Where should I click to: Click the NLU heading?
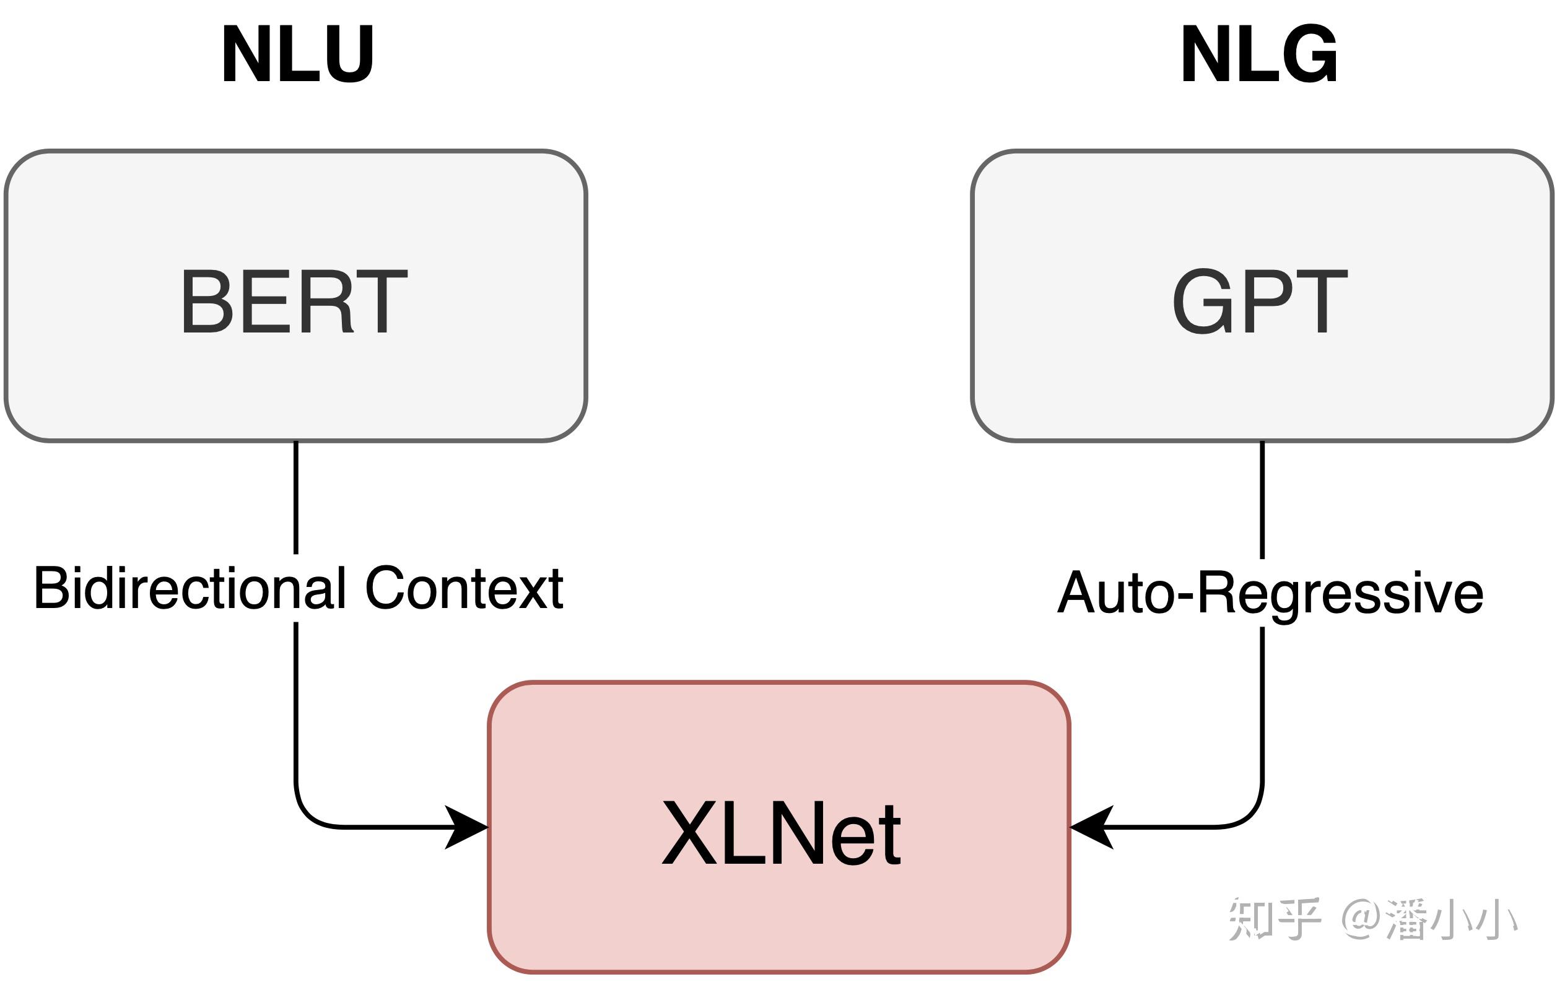[x=297, y=55]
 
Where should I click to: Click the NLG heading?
[x=1259, y=55]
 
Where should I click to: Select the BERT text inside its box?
[x=294, y=302]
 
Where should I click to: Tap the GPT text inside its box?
[x=1260, y=302]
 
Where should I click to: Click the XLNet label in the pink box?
[x=781, y=833]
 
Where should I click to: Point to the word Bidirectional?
[x=190, y=588]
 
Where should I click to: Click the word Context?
[x=464, y=588]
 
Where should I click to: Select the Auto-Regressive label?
[x=1270, y=593]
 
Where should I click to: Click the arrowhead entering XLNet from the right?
[x=1091, y=827]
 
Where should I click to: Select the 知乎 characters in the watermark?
[x=1273, y=919]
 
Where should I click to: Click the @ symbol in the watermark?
[x=1361, y=918]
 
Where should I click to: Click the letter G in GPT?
[x=1200, y=302]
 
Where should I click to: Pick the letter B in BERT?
[x=207, y=302]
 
